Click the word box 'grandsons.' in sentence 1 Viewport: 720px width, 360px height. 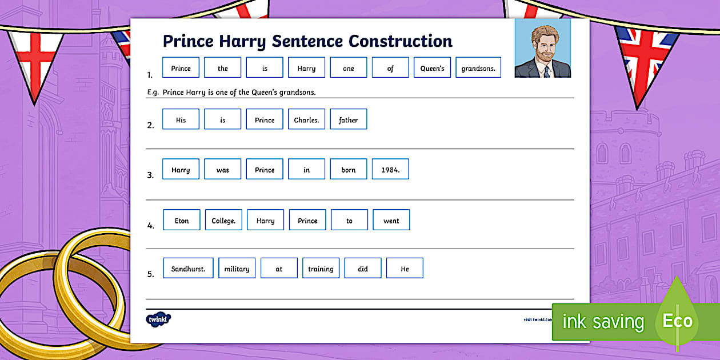coord(478,68)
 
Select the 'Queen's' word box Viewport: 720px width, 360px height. coord(433,68)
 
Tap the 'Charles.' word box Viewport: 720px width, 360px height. coord(306,119)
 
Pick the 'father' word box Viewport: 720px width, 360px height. coord(348,119)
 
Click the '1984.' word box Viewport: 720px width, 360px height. coord(390,170)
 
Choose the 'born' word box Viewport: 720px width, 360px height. coord(349,170)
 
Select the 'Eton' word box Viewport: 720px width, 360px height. coord(182,221)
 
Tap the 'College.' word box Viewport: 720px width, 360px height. coord(223,221)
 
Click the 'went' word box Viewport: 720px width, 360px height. coord(391,221)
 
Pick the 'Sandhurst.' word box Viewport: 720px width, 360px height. coord(188,269)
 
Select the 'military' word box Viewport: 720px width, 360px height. coord(237,269)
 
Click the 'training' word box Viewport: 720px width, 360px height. coord(321,269)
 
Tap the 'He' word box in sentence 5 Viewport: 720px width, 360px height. coord(405,269)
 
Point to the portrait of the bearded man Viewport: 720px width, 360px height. coord(542,49)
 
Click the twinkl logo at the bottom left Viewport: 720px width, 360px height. coord(158,319)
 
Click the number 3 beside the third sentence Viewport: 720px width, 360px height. coord(151,175)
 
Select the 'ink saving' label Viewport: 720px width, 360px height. coord(603,322)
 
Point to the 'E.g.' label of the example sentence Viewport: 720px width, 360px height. coord(153,92)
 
